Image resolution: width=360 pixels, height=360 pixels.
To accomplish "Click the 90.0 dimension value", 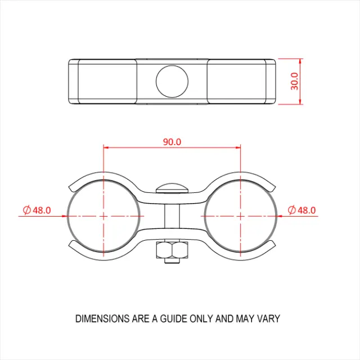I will point(172,142).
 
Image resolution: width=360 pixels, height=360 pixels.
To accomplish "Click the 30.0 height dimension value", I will point(295,81).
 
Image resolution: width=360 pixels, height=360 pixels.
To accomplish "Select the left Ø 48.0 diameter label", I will point(37,210).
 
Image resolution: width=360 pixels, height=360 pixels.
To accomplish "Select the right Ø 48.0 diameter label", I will point(301,210).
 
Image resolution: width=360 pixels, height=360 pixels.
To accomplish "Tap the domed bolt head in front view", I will point(172,187).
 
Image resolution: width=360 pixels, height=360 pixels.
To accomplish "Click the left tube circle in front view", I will point(103,215).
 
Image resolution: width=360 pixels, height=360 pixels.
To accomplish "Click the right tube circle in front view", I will point(241,215).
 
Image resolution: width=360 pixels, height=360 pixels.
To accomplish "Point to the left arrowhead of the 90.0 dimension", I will point(107,147).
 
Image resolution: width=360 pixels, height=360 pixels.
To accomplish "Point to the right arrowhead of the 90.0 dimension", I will point(237,147).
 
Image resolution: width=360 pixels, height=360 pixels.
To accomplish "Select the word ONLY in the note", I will point(204,319).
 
